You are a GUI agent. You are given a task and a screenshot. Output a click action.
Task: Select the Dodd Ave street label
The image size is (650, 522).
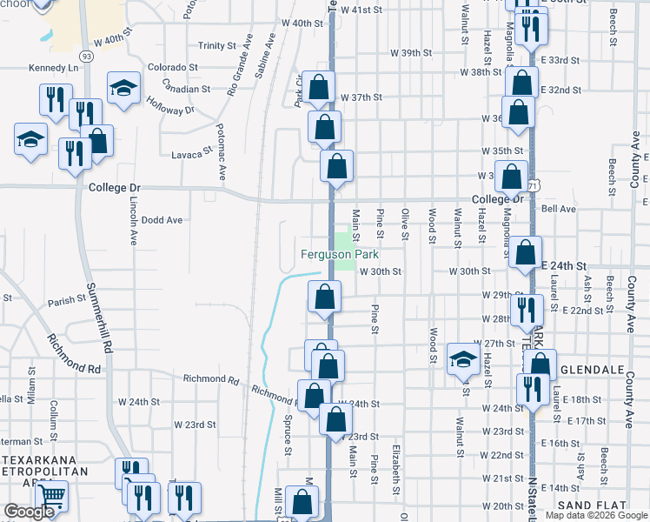tap(162, 220)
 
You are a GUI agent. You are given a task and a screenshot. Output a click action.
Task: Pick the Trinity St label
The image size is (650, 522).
tap(216, 45)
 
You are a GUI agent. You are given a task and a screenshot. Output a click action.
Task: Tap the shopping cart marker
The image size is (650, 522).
tap(51, 498)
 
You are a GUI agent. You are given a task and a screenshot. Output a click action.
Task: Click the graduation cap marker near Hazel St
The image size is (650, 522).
tap(463, 358)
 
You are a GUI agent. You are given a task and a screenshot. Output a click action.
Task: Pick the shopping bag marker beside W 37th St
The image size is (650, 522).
tap(319, 86)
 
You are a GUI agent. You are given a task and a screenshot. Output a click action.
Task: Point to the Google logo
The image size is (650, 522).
tap(30, 512)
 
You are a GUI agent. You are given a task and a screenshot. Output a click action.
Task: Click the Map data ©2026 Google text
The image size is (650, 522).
tap(594, 515)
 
